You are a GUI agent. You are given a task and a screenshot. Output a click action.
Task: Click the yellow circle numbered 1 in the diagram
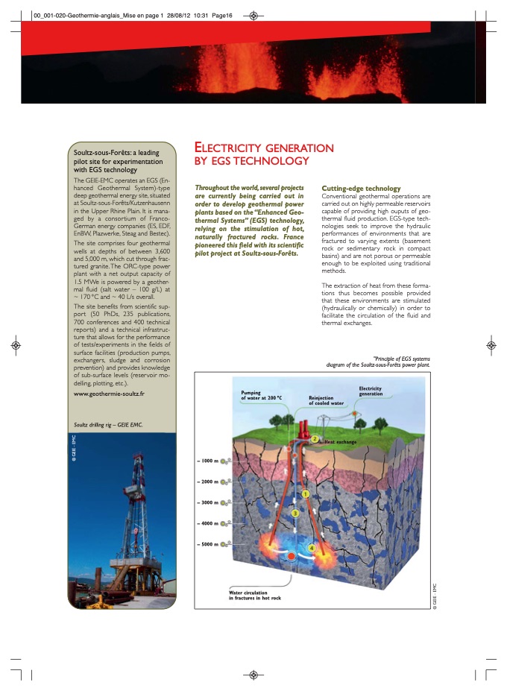coord(305,493)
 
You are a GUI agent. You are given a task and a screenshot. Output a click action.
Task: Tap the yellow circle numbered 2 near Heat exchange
coord(315,439)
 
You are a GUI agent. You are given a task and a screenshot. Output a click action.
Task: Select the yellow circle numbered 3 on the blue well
coord(295,513)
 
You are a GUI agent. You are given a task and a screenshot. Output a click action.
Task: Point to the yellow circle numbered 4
coord(311,549)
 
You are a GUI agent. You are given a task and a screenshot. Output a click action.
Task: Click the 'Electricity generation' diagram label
coord(371,391)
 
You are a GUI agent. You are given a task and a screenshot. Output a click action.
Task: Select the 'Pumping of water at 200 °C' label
coord(261,395)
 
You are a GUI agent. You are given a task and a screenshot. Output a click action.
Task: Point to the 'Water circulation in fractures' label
coord(255,596)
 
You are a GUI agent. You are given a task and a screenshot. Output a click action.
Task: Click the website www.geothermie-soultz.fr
coord(109,392)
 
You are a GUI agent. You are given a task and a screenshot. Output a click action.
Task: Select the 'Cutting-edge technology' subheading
coord(361,189)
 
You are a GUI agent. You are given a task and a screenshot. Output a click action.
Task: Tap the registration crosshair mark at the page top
coord(253,15)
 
